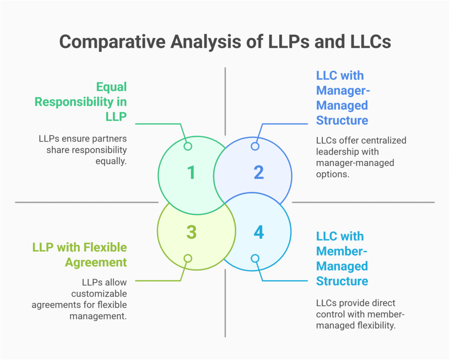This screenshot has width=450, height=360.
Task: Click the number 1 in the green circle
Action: click(x=191, y=172)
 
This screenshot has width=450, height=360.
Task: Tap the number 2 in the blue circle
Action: click(x=258, y=172)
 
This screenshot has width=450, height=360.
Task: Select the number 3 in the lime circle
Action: click(x=191, y=232)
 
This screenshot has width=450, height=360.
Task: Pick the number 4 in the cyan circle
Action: click(x=258, y=232)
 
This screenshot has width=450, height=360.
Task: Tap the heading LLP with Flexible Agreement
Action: click(x=80, y=255)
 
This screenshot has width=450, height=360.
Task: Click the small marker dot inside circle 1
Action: click(x=188, y=146)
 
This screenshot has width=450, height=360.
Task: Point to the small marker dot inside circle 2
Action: click(x=255, y=146)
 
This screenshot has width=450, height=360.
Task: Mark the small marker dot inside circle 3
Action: click(x=188, y=258)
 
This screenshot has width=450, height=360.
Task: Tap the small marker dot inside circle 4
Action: click(x=255, y=258)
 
